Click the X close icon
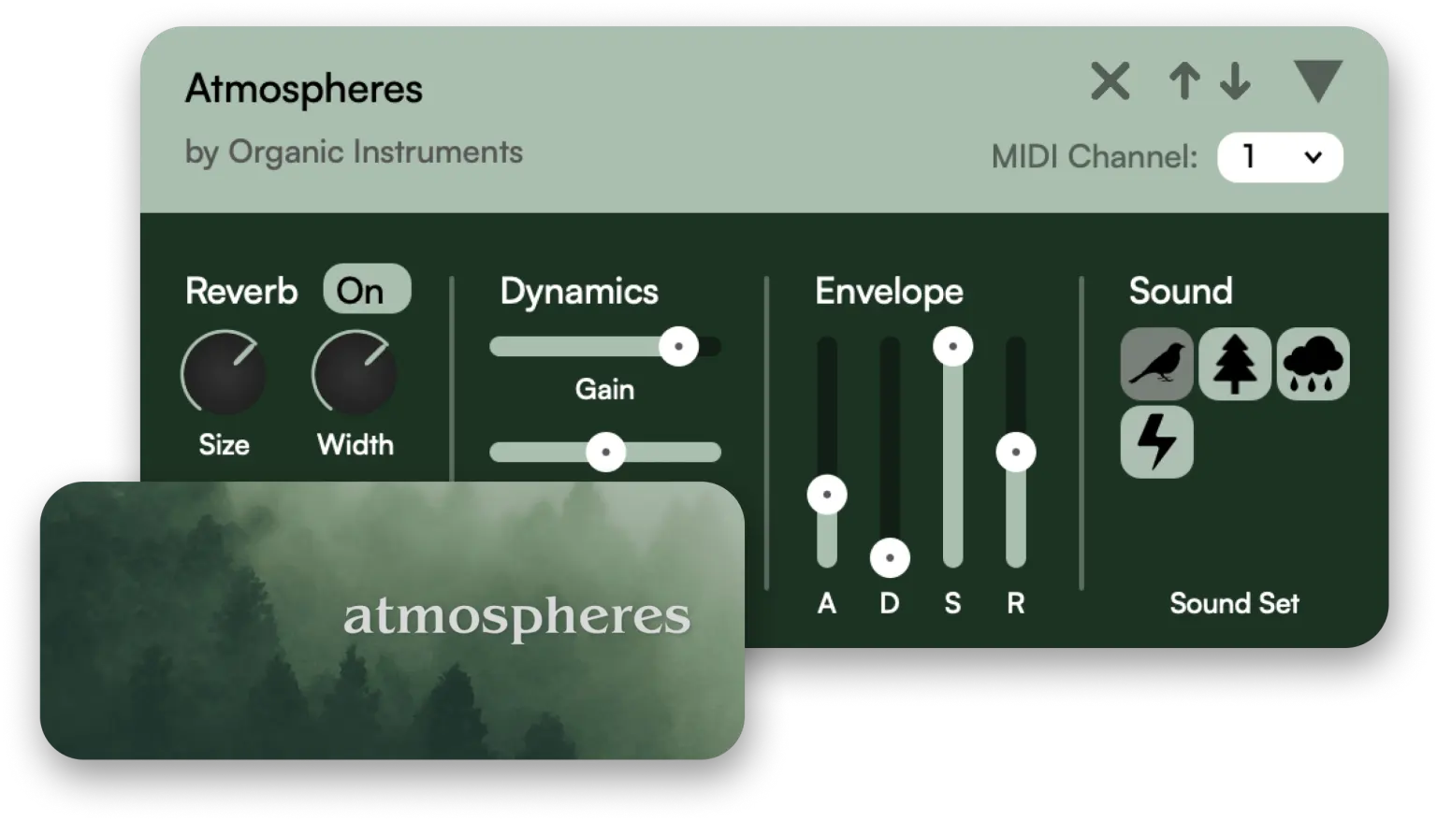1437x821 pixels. pos(1110,81)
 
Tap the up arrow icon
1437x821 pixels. pos(1184,81)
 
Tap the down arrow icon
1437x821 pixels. pos(1235,81)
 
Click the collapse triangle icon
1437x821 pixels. pos(1317,81)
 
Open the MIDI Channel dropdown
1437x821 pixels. pos(1280,157)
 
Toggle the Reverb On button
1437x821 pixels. pos(366,290)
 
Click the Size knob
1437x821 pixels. pos(224,372)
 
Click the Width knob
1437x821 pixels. pos(355,372)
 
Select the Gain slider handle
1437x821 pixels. pos(678,347)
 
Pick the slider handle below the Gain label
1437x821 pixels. pos(605,453)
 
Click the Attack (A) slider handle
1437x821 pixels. pos(827,495)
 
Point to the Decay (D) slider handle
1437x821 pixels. pos(890,559)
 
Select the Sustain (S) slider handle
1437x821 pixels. pos(952,347)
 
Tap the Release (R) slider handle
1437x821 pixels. pos(1016,454)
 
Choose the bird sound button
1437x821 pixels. pos(1157,364)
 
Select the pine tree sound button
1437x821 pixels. pos(1235,364)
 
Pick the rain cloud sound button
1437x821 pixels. pos(1313,364)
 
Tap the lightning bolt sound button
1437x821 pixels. pos(1157,441)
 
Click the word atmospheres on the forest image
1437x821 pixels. pos(516,617)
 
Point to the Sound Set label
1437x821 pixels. pos(1234,603)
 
